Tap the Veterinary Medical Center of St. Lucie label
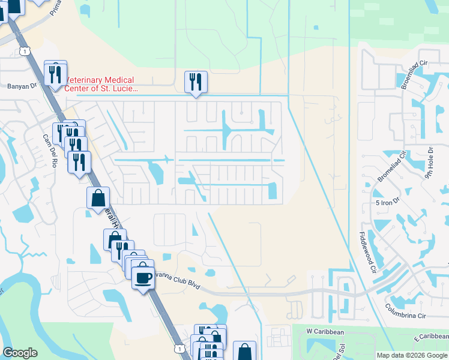(x=101, y=85)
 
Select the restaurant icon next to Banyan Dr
(x=55, y=74)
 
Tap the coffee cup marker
(x=143, y=278)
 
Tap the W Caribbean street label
(x=325, y=331)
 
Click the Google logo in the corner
(x=20, y=353)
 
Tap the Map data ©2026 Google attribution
(x=412, y=355)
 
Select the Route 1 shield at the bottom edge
(x=178, y=347)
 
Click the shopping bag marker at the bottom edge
(x=244, y=351)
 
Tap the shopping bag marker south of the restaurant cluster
(x=98, y=198)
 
